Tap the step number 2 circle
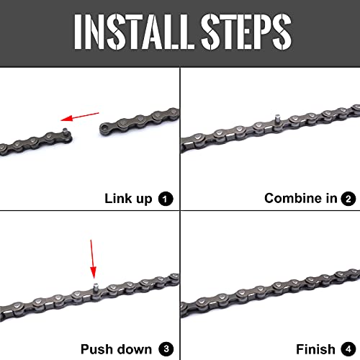coord(348,198)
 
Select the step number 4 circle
coord(348,349)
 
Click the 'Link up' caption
coord(128,198)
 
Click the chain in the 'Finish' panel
coord(270,288)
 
